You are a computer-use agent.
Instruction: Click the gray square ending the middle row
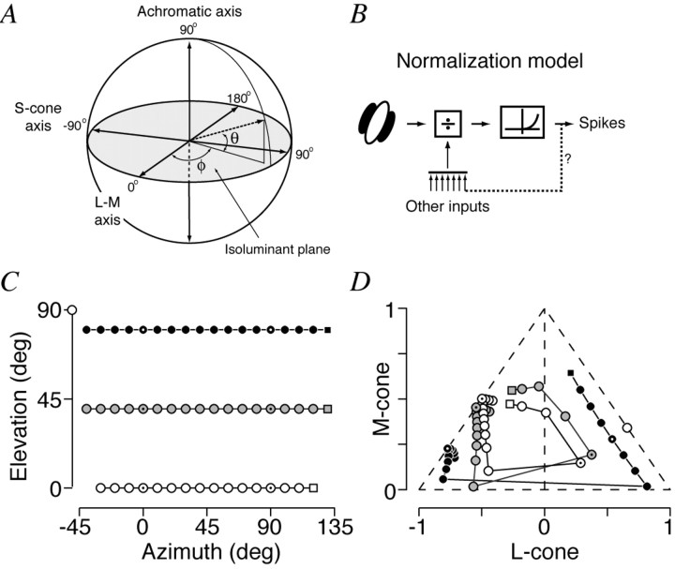pyautogui.click(x=327, y=409)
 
